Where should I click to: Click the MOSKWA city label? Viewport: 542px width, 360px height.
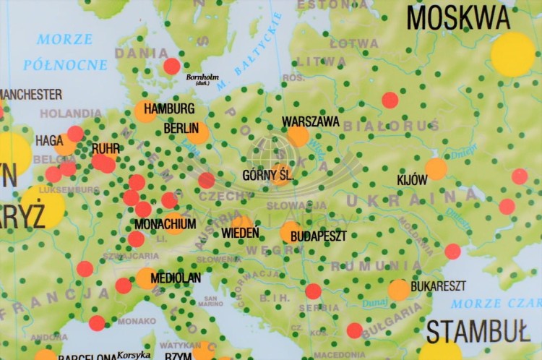[x=458, y=17]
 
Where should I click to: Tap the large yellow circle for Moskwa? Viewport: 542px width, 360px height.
[x=512, y=54]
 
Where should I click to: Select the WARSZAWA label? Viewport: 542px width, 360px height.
[x=311, y=121]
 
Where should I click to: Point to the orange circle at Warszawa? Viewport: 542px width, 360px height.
[x=298, y=136]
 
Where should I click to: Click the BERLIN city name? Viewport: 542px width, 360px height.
[x=181, y=128]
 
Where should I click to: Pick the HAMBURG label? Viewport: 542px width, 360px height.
[x=169, y=109]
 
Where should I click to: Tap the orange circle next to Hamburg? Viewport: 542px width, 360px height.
[x=145, y=111]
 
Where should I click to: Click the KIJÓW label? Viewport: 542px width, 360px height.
[x=412, y=180]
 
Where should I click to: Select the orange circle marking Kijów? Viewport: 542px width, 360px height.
[x=436, y=169]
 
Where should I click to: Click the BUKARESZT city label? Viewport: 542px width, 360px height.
[x=438, y=286]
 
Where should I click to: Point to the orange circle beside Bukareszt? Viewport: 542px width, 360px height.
[x=398, y=290]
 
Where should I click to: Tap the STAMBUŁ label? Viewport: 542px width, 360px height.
[x=478, y=331]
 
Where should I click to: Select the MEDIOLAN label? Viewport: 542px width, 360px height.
[x=176, y=278]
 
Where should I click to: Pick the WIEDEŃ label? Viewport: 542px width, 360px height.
[x=241, y=233]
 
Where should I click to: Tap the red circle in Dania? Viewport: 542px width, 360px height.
[x=171, y=67]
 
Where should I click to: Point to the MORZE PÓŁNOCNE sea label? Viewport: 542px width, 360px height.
[x=65, y=52]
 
